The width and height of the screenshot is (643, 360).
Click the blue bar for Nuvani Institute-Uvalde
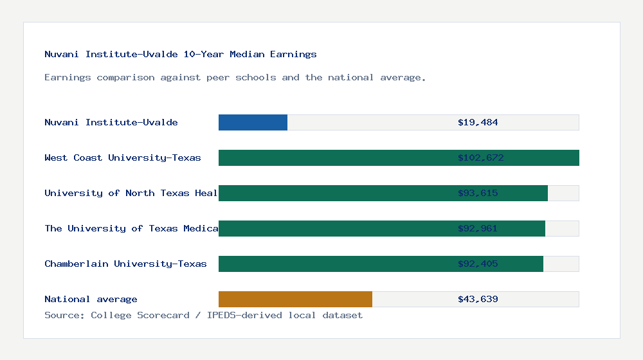tap(253, 122)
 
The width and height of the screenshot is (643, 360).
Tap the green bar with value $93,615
tap(334, 193)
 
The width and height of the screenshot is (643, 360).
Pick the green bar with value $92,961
tap(334, 228)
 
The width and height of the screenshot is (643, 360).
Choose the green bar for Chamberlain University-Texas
tap(334, 264)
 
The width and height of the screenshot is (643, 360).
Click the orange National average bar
tap(295, 299)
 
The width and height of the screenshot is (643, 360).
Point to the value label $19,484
tap(478, 122)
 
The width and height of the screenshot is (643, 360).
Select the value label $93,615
tap(478, 193)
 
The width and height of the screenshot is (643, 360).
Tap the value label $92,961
tap(478, 228)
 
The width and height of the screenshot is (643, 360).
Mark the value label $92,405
tap(478, 264)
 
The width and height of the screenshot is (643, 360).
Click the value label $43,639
tap(478, 299)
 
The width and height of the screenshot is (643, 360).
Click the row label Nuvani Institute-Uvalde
tap(111, 122)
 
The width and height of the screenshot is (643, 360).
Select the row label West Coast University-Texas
tap(123, 157)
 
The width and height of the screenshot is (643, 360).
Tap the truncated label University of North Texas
tap(131, 193)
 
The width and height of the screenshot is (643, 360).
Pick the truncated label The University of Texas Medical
tap(131, 228)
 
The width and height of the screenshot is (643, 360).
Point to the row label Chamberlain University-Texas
tap(125, 264)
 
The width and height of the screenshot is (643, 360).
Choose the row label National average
tap(91, 299)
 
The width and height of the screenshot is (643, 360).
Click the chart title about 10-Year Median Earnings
tap(181, 54)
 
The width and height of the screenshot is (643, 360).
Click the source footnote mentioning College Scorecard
tap(203, 315)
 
